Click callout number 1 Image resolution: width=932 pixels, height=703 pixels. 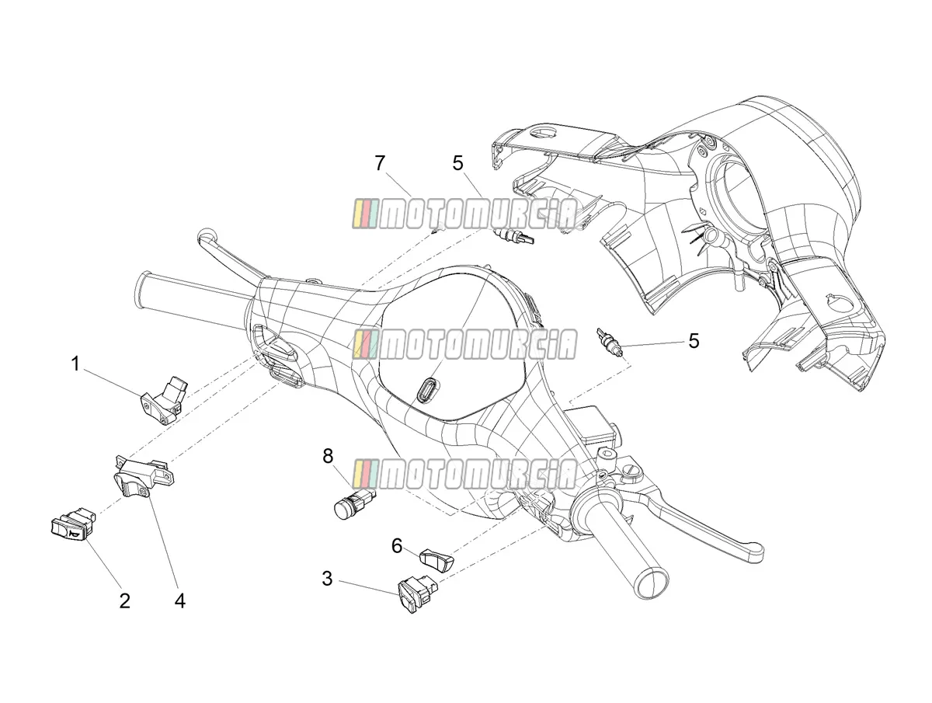[75, 364]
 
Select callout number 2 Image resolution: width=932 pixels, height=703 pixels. [124, 601]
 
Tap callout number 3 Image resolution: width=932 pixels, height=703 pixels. [327, 579]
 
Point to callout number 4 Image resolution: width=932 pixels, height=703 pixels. [180, 601]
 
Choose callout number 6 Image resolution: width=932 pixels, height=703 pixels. [397, 546]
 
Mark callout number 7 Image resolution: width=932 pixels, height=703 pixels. [380, 163]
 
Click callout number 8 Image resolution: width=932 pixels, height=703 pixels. [328, 457]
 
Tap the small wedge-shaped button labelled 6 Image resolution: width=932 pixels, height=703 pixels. [436, 560]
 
